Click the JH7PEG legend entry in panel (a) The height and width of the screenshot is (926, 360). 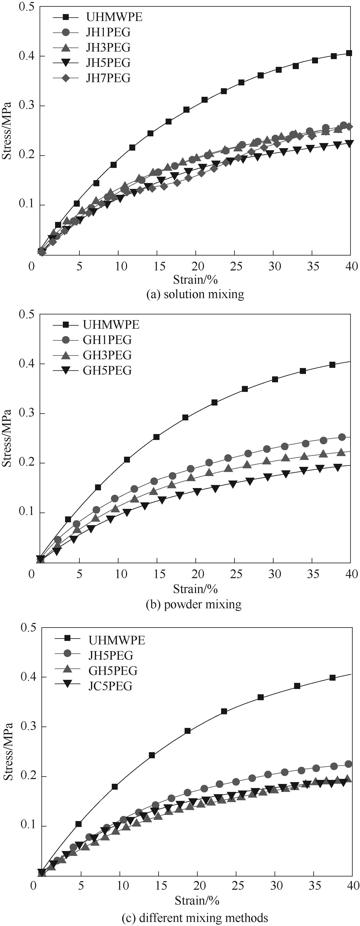[x=108, y=78]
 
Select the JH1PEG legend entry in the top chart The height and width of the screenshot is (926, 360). [x=108, y=32]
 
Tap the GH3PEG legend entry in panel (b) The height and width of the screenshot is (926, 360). [x=107, y=355]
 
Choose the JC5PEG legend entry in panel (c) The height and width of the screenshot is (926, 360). [x=110, y=686]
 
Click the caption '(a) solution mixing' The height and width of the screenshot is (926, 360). [x=195, y=294]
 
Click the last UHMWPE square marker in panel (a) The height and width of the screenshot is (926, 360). [x=349, y=53]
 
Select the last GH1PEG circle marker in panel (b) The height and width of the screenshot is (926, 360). [x=342, y=437]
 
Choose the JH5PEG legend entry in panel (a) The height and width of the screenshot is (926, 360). [x=108, y=63]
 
